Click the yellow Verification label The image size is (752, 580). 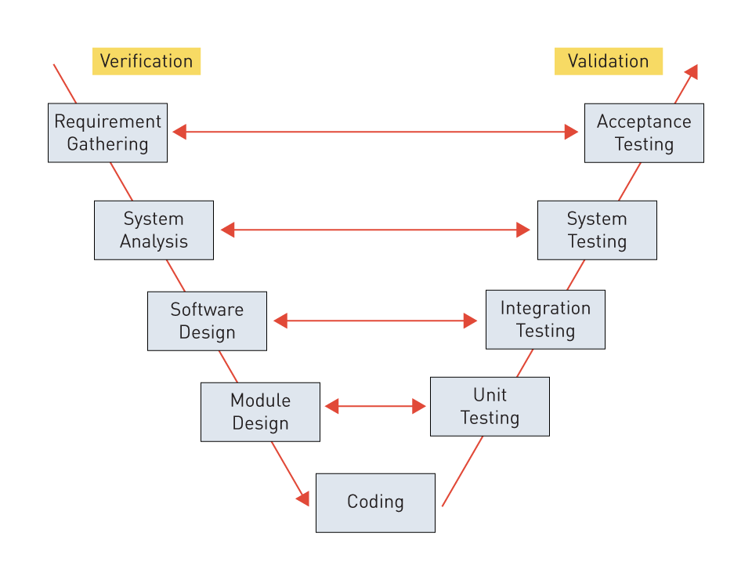(146, 61)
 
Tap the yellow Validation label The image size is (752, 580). (608, 61)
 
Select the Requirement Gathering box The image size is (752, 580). (107, 132)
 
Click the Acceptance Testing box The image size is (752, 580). (644, 132)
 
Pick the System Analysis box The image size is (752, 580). (154, 230)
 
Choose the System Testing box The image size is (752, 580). (597, 230)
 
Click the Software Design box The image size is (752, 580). (207, 321)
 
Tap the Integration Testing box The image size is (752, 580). (545, 319)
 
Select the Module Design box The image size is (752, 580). (260, 411)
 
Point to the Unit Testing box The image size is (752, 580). (490, 406)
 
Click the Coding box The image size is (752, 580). (375, 502)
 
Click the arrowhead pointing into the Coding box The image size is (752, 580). (303, 498)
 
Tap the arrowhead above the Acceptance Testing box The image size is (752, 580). (691, 72)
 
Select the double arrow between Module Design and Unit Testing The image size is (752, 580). (375, 406)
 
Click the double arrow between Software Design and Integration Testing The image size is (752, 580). (375, 321)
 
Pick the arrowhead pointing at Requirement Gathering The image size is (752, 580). (179, 132)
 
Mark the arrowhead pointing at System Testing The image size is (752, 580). (523, 230)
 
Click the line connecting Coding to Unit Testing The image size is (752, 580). (462, 471)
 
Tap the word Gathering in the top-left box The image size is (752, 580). (107, 144)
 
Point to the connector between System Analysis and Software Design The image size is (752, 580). (175, 275)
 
